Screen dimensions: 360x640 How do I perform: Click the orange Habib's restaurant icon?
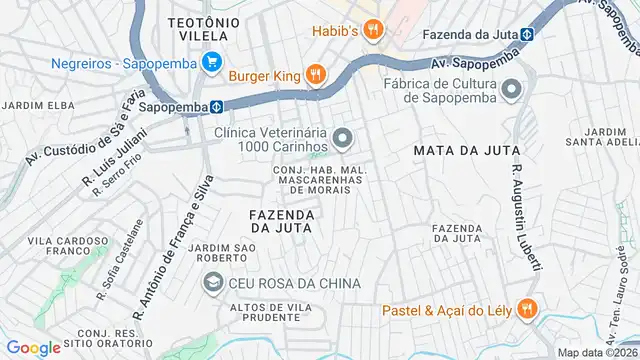[x=372, y=30]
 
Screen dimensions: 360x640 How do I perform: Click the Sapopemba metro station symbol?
[x=216, y=106]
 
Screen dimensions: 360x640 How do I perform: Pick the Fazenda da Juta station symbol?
[x=526, y=33]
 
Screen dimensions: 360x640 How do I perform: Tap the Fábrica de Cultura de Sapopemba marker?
[x=512, y=90]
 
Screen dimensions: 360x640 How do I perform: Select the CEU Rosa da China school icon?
[x=212, y=283]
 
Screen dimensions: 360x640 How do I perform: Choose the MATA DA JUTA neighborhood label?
[x=466, y=150]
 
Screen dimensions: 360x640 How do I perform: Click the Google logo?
[x=33, y=347]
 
